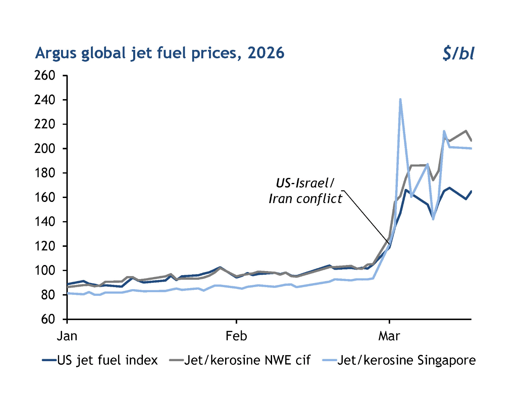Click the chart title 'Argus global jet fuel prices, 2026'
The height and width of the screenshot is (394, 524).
click(x=160, y=53)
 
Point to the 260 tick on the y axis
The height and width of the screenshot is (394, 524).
click(x=45, y=76)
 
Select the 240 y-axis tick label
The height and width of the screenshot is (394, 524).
click(x=45, y=100)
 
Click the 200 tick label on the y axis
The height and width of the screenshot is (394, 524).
click(x=45, y=148)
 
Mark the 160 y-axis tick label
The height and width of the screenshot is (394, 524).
click(x=45, y=197)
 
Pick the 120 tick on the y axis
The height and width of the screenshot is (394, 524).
click(x=45, y=246)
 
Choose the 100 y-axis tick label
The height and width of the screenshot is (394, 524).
click(x=45, y=270)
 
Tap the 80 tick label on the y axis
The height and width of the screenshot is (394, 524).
click(x=48, y=295)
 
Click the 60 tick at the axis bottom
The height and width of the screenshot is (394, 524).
click(x=48, y=319)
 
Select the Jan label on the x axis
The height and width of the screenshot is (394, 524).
click(x=67, y=336)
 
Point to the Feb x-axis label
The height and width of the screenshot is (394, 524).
click(x=237, y=336)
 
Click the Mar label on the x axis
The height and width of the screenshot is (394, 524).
click(x=389, y=336)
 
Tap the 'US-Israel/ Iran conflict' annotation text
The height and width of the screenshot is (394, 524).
click(x=305, y=191)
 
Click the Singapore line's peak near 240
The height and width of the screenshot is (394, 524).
click(x=400, y=100)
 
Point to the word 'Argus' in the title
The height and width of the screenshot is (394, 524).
click(x=56, y=53)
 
